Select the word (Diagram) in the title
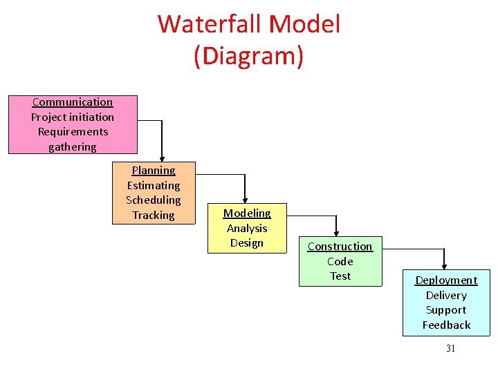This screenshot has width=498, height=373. pos(248,56)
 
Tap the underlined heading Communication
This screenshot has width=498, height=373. pos(73,102)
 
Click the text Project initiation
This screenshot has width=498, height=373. pos(73,117)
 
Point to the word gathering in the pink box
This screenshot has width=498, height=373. pos(73,146)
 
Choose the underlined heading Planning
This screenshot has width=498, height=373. pos(154,171)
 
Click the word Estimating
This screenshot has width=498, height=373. pos(154,185)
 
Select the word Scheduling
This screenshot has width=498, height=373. pos(154,200)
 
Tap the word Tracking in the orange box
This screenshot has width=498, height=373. pos(154,215)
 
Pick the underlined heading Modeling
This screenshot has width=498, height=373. pos(247,213)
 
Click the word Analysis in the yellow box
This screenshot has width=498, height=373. pos(247,228)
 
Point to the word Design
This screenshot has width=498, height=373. pos(247,242)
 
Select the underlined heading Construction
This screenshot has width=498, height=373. pos(340,247)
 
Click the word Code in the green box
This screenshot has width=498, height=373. pos(340,261)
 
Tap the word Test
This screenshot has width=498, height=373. pos(340,276)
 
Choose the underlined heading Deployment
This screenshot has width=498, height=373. pos(446,280)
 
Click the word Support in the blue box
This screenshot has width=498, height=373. pos(446,310)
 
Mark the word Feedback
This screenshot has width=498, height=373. pos(446,325)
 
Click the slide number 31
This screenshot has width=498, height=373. pos(450,348)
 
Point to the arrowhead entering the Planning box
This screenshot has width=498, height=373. pos(162,157)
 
